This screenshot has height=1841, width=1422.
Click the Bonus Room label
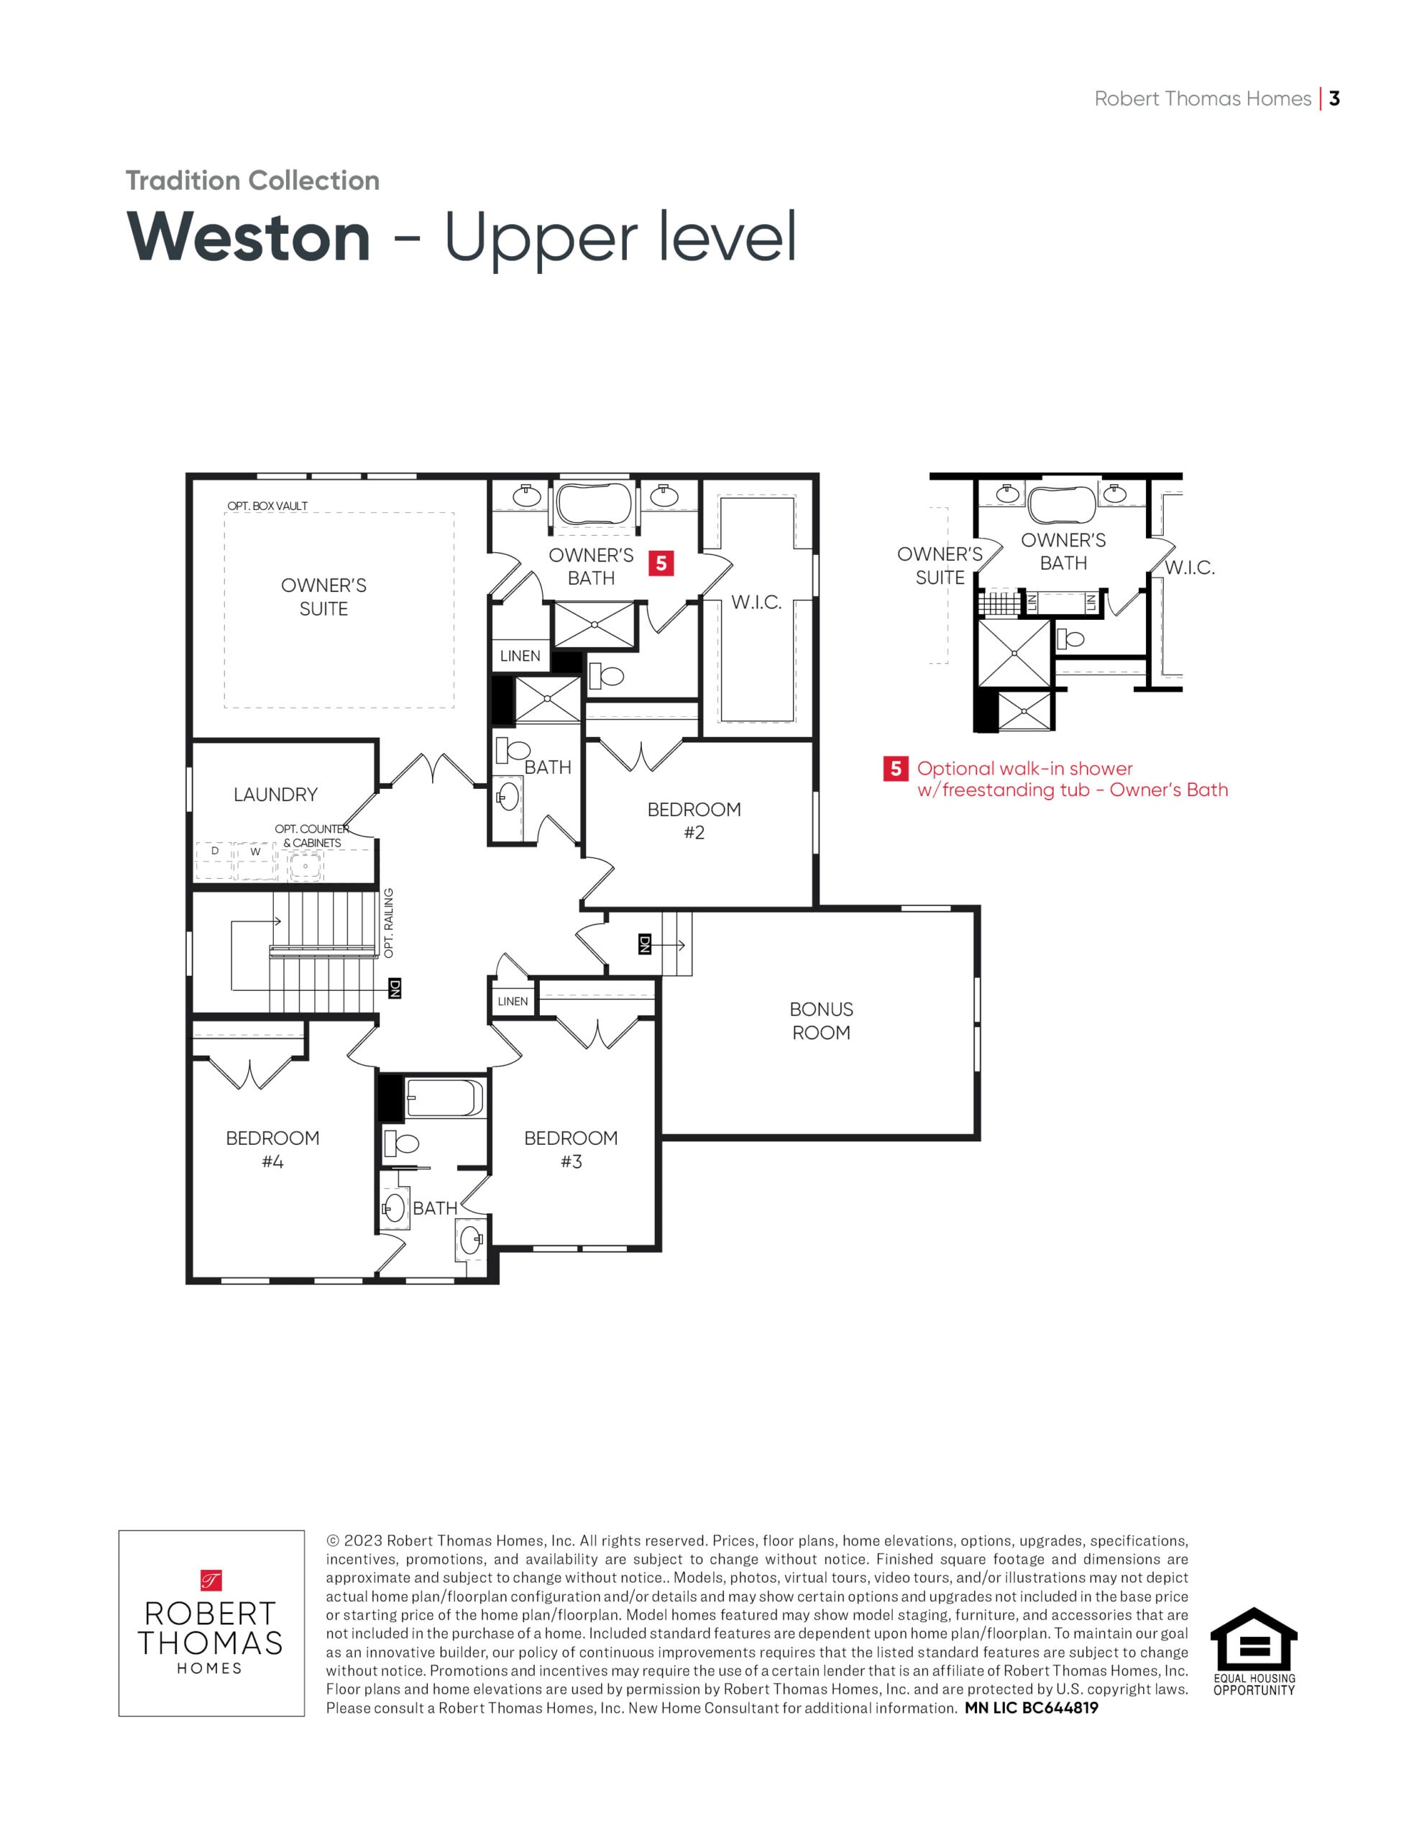(x=821, y=1020)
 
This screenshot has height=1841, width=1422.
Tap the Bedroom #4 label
(x=272, y=1150)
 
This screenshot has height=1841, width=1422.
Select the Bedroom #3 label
(x=571, y=1150)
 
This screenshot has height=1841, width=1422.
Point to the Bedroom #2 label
(x=694, y=821)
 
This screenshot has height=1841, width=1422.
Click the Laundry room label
(x=275, y=795)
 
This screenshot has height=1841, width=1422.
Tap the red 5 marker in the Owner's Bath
(x=661, y=563)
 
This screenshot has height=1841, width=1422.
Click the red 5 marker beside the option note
(x=895, y=769)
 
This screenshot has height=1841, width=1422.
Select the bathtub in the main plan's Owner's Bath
(x=595, y=504)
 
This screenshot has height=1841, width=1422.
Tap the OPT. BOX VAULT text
(x=267, y=506)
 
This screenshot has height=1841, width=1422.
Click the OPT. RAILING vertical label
(x=389, y=923)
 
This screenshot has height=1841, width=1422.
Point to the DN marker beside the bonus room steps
(x=645, y=944)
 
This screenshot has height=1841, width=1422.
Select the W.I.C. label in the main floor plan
(x=756, y=603)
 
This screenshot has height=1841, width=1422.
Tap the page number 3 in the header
(x=1334, y=99)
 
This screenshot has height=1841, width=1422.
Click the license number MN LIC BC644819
(x=1031, y=1708)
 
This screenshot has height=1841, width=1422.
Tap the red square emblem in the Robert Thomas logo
(x=210, y=1580)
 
